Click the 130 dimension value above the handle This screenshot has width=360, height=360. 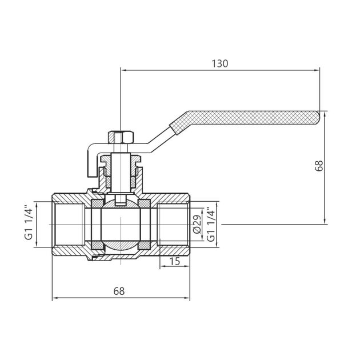pos(219,64)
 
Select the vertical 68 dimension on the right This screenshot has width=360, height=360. pos(319,165)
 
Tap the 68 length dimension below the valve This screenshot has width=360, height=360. pos(118,290)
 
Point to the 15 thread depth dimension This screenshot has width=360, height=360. pos(174,262)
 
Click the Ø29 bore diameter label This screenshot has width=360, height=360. pos(196,225)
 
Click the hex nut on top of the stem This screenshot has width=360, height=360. pos(121,138)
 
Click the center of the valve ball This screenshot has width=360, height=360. pos(121,225)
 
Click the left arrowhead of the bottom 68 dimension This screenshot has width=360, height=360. pos(55,297)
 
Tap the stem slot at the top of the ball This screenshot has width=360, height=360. pos(121,201)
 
